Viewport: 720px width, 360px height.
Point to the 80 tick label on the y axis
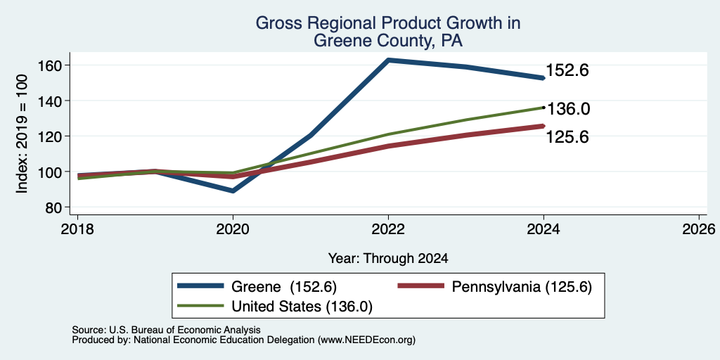click(53, 207)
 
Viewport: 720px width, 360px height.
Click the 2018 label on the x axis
click(77, 229)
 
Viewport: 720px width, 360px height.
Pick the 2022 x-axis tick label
click(388, 229)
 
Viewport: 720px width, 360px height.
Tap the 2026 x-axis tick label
click(699, 229)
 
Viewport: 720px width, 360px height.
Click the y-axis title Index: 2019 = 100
click(22, 134)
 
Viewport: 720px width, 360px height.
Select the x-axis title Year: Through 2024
click(388, 258)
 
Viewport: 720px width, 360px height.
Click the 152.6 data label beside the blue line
click(567, 70)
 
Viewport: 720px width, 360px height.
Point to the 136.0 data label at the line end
click(567, 109)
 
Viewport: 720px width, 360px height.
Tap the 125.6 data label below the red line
click(567, 137)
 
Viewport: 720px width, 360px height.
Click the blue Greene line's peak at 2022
click(388, 60)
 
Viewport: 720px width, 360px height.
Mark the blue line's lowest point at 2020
click(233, 190)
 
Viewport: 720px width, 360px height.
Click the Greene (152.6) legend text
click(284, 287)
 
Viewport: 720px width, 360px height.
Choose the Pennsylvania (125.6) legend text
click(522, 287)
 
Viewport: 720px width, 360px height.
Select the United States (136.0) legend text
click(302, 307)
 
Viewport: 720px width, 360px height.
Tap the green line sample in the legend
click(200, 306)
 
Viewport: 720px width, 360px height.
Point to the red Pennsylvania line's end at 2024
click(544, 126)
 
